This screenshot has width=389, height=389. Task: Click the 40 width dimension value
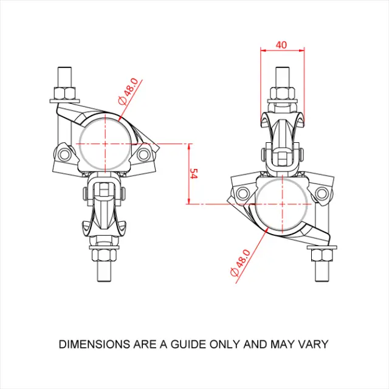pyautogui.click(x=280, y=45)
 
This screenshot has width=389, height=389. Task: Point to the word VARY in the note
pyautogui.click(x=314, y=344)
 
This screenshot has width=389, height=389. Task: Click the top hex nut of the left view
pyautogui.click(x=64, y=94)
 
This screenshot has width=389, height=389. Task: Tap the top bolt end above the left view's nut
pyautogui.click(x=64, y=77)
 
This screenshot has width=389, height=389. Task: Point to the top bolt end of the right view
pyautogui.click(x=282, y=75)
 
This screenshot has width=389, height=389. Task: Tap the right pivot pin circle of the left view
pyautogui.click(x=143, y=155)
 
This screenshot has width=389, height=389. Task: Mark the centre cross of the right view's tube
pyautogui.click(x=282, y=205)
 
